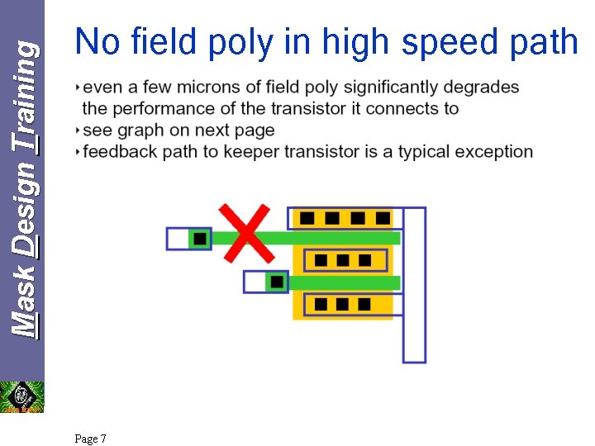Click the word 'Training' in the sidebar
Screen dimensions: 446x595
(26, 97)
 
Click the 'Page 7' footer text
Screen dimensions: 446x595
(90, 439)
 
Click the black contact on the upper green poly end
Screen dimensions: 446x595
(199, 239)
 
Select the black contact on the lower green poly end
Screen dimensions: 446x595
(277, 282)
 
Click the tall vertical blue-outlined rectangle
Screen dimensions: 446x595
(414, 285)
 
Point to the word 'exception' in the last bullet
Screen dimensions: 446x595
(492, 151)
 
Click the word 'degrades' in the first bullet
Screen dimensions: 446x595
(488, 87)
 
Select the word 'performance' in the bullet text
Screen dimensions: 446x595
(158, 108)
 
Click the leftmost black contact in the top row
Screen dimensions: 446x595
(307, 218)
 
